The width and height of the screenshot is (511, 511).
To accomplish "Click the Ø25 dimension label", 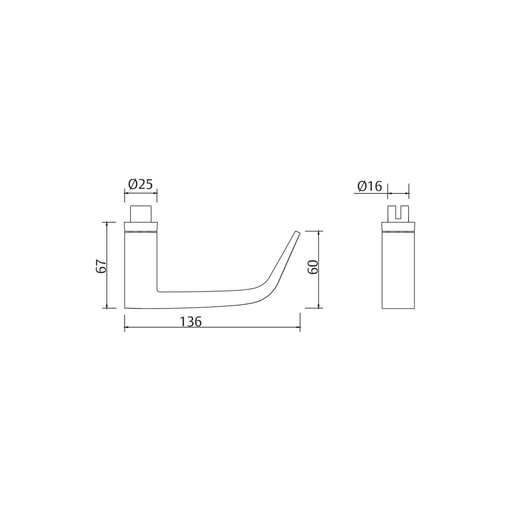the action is [141, 184].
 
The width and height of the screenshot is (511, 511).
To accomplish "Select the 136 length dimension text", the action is [191, 322].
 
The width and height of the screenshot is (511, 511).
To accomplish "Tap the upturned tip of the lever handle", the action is [297, 232].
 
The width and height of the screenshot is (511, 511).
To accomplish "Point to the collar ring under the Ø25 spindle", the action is [141, 227].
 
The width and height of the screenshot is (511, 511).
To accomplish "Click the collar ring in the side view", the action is [398, 227].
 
